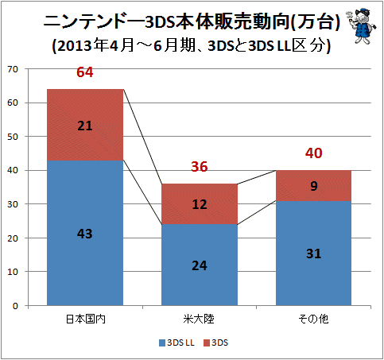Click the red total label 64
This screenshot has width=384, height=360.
(85, 72)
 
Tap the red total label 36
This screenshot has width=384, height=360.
(200, 167)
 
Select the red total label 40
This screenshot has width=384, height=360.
(313, 153)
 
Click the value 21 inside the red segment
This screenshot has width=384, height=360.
(85, 126)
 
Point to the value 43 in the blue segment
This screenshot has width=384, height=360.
(85, 234)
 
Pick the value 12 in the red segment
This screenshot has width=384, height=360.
(200, 204)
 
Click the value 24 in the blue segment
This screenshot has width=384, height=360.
(200, 265)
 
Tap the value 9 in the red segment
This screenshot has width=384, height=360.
(314, 186)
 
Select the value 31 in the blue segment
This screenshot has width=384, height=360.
(314, 254)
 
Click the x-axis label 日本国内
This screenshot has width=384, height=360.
(85, 319)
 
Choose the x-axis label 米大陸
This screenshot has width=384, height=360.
(199, 319)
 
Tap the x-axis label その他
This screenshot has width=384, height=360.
(313, 319)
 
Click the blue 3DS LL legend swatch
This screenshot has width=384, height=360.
(162, 343)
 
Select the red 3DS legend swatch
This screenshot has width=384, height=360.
(207, 343)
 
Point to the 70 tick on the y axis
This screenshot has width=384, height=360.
(13, 69)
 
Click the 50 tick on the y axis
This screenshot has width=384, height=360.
(13, 137)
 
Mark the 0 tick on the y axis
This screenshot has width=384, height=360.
(15, 306)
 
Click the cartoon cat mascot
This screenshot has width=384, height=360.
(361, 25)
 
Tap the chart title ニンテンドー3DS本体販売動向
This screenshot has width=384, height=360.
(166, 21)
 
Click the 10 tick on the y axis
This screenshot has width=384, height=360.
(13, 272)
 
